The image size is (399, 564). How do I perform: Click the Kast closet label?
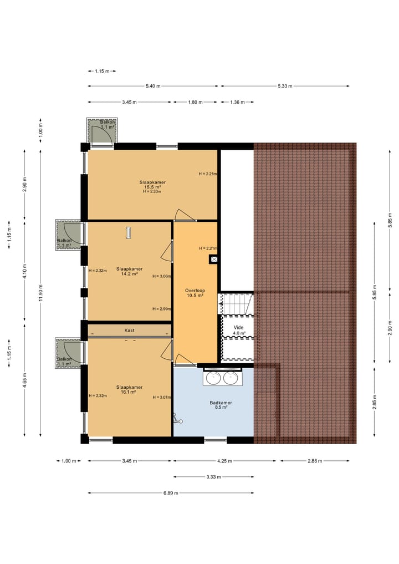click(129, 331)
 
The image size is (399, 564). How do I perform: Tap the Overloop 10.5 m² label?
click(195, 293)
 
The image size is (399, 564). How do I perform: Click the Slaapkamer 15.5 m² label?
click(152, 187)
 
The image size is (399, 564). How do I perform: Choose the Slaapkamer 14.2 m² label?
click(129, 271)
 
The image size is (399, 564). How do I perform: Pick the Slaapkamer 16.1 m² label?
click(129, 390)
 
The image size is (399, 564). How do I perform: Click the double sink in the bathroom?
click(221, 378)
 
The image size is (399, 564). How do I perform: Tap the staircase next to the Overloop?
click(238, 304)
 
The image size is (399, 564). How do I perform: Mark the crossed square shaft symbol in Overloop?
click(214, 259)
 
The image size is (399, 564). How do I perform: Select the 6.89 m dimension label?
click(171, 492)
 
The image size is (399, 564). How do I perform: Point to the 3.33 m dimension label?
click(213, 477)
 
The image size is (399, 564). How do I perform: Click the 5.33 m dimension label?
click(284, 86)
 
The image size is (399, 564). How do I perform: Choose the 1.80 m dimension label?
click(195, 102)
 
